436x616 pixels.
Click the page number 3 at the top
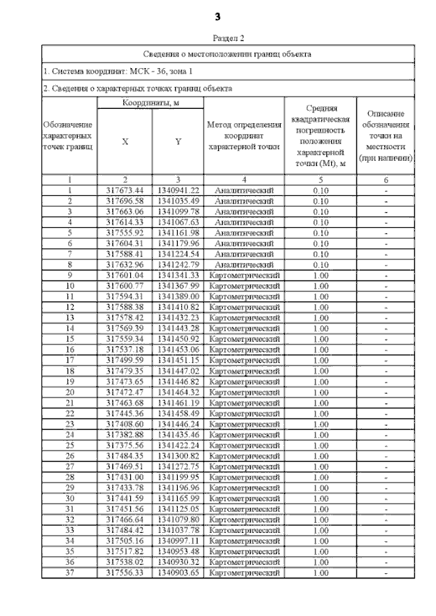[218, 16]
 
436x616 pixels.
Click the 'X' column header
[125, 142]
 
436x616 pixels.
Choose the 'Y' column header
[178, 142]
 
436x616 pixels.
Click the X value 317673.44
[125, 191]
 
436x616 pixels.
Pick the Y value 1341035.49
[178, 201]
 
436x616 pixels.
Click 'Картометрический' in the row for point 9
[244, 276]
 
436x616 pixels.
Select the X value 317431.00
[125, 477]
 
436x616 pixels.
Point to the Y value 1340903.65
[178, 573]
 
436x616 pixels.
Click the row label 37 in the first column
[69, 573]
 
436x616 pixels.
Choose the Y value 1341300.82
[178, 456]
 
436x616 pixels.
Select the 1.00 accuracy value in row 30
[320, 499]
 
